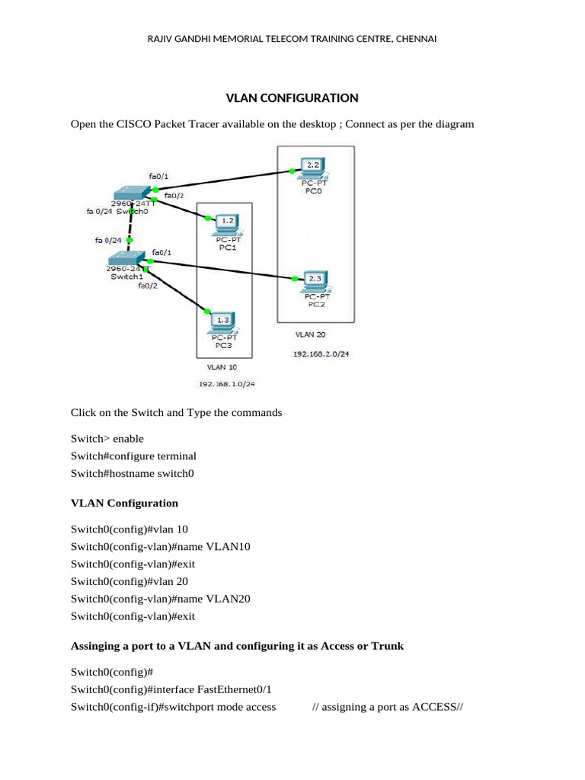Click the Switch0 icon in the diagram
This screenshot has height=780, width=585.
coord(130,193)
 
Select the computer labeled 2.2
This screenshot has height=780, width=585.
coord(313,167)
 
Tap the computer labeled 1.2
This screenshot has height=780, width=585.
coord(226,222)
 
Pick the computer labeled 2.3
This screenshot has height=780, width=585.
coord(314,280)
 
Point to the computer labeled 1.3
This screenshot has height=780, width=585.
coord(222,321)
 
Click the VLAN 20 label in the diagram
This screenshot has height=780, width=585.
coord(311,334)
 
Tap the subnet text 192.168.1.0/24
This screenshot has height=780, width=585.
coord(226,384)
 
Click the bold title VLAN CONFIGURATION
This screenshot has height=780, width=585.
coord(292,98)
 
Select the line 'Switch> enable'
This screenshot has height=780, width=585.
coord(107,439)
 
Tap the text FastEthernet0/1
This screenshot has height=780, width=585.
coord(235,689)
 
